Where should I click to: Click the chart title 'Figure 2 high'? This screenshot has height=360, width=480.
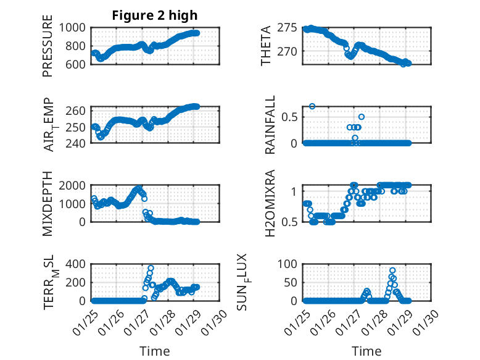pos(154,15)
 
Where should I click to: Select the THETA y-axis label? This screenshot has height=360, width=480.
pos(266,46)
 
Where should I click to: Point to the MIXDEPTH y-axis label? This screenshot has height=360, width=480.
pos(48,204)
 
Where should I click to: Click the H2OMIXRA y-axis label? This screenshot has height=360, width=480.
pos(270,204)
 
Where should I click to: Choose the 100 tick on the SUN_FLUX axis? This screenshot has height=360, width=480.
pos(291,264)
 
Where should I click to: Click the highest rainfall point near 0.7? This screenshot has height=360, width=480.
pos(313,106)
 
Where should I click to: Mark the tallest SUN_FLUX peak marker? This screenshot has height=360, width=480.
pos(392,270)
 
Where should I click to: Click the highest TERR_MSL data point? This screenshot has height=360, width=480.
pos(151,268)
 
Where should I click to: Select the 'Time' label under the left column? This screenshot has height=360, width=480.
pos(154,351)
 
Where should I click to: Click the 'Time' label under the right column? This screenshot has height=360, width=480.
pos(366,351)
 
